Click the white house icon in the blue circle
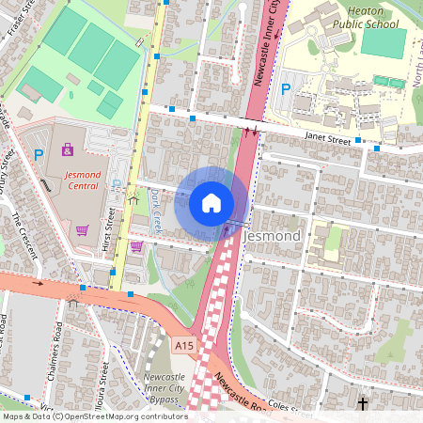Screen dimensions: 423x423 point(211,203)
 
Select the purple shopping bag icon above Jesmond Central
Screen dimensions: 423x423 point(67,149)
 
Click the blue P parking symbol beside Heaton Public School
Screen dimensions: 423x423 point(285,89)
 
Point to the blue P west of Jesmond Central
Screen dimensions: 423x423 point(39,154)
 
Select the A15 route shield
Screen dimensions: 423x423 point(185,346)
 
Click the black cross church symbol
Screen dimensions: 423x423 point(362,404)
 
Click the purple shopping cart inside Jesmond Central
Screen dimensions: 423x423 point(82,229)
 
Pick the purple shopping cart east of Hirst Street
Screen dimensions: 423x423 point(136,246)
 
